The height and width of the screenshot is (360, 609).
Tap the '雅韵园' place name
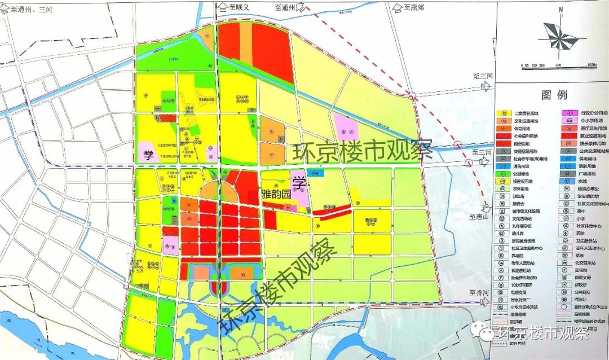pos(276,194)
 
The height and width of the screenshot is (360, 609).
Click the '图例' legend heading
pos(552,94)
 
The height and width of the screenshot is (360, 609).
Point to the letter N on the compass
pos(562,10)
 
